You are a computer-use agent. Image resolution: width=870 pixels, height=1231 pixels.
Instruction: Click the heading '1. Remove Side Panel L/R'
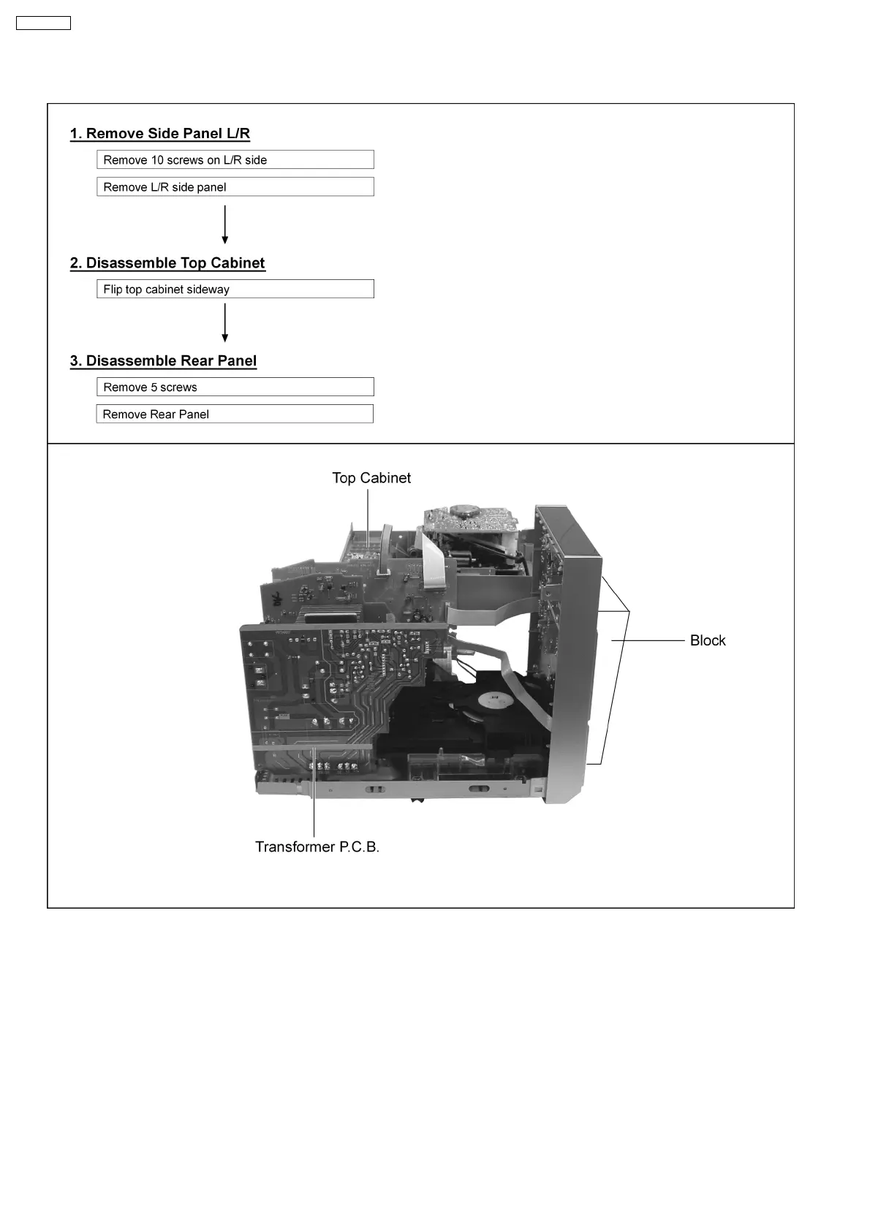click(160, 134)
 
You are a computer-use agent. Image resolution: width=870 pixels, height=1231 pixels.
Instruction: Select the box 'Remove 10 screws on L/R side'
click(235, 160)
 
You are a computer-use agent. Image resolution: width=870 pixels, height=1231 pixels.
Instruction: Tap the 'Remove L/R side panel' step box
click(235, 187)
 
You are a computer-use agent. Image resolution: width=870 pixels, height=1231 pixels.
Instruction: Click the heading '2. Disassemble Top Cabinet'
click(167, 263)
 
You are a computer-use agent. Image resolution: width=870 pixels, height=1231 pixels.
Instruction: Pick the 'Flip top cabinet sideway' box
click(235, 289)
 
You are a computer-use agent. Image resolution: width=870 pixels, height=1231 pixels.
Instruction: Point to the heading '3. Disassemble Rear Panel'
click(163, 361)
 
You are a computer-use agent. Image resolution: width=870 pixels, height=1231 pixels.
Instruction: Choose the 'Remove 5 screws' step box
click(235, 387)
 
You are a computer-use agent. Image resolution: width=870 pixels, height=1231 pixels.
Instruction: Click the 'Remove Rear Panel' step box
click(235, 414)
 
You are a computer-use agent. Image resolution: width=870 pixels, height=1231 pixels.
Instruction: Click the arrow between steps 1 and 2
click(225, 224)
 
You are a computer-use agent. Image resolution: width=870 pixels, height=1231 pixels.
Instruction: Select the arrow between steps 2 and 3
click(225, 323)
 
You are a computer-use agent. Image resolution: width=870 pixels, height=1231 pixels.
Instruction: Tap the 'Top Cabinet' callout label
click(371, 478)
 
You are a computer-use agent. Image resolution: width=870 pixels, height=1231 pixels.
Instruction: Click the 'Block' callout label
click(708, 640)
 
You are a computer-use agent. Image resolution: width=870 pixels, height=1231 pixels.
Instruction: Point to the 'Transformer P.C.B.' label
click(317, 847)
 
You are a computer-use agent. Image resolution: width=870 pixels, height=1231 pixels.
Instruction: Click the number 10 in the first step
click(157, 160)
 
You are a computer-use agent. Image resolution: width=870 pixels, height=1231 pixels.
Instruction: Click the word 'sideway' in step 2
click(208, 289)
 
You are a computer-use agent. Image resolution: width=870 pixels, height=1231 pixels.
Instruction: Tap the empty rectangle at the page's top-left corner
click(44, 23)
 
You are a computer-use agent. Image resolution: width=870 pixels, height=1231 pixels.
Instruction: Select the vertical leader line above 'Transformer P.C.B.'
click(314, 797)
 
